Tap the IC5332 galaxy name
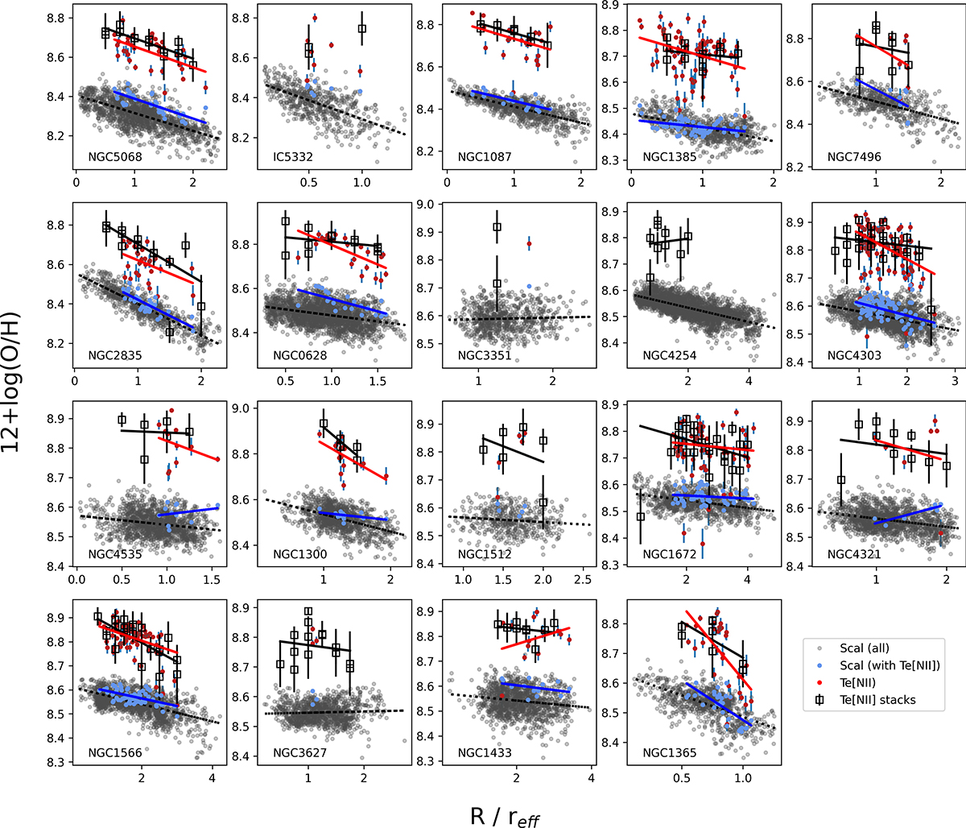tap(295, 157)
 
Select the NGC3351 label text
tap(485, 355)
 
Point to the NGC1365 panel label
tap(670, 753)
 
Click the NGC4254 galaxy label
tap(670, 355)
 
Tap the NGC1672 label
tap(670, 554)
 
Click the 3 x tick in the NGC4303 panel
tap(954, 381)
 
